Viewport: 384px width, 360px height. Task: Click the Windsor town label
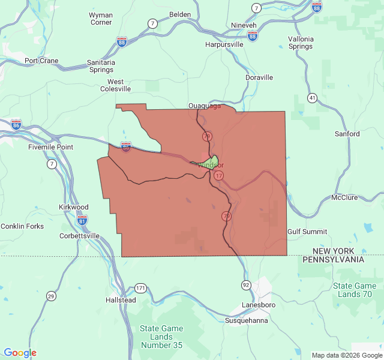211,165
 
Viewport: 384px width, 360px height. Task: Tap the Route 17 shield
219,175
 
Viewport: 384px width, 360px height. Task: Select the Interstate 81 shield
82,220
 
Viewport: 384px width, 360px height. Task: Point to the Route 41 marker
312,97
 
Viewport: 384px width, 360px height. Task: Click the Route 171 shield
140,288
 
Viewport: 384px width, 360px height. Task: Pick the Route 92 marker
246,284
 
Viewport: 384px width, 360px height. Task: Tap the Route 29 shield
51,296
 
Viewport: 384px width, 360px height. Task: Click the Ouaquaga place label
205,106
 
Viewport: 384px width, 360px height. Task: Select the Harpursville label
224,44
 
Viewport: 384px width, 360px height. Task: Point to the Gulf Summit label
307,232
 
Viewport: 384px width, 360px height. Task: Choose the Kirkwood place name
74,206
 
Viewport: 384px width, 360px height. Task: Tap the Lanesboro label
259,305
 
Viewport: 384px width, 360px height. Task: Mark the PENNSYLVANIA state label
333,260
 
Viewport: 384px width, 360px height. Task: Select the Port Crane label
41,61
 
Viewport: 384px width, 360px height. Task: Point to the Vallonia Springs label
301,43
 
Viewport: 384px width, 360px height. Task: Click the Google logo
20,353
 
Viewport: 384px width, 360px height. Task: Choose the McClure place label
344,197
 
